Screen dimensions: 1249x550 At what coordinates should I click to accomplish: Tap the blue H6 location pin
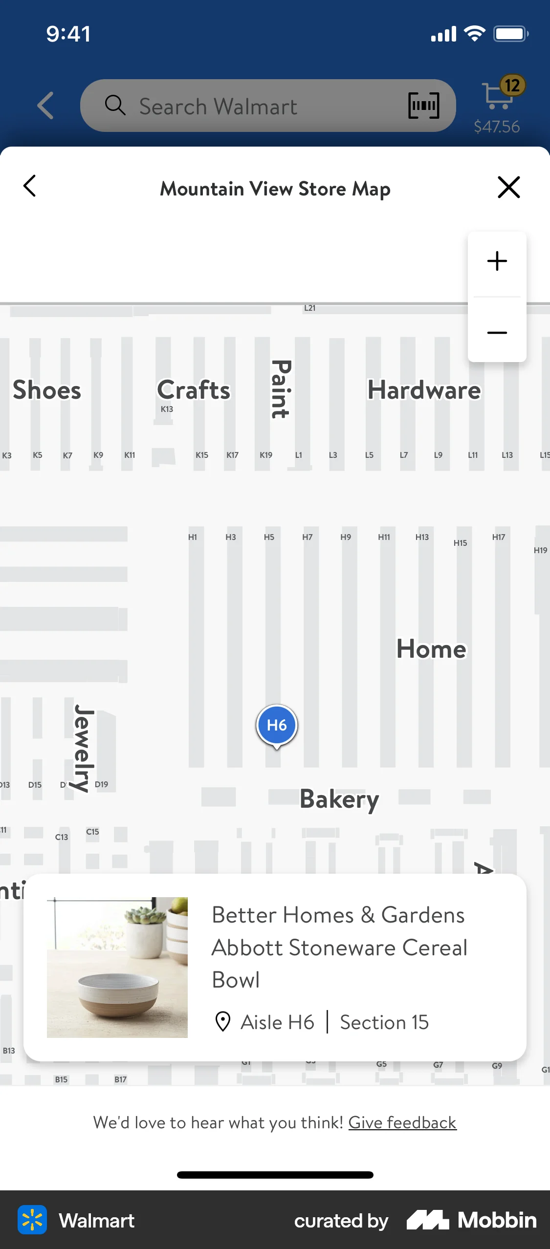277,725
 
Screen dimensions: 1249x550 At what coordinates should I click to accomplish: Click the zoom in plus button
497,261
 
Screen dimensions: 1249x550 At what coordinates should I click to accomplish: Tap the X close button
508,187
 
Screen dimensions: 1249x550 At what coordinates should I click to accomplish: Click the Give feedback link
402,1122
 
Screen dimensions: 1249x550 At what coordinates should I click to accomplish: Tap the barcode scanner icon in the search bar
423,106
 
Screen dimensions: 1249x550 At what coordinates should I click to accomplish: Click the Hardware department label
424,390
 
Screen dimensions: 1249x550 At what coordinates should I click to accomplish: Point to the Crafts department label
194,390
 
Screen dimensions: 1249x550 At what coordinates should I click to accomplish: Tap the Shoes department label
47,390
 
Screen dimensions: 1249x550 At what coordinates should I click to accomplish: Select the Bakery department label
339,799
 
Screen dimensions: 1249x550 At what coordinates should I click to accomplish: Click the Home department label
431,649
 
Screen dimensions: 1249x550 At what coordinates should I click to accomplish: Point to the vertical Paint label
281,389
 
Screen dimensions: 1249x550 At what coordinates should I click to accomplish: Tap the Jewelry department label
84,748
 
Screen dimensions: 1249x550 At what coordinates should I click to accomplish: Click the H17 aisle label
498,537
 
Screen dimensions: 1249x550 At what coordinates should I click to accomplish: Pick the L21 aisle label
309,308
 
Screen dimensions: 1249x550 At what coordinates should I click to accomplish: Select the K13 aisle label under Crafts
167,409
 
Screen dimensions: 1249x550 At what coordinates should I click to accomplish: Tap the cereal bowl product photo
117,967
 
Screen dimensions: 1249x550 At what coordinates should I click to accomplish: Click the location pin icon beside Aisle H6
223,1022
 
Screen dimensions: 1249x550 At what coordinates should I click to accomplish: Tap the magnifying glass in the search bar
115,105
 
